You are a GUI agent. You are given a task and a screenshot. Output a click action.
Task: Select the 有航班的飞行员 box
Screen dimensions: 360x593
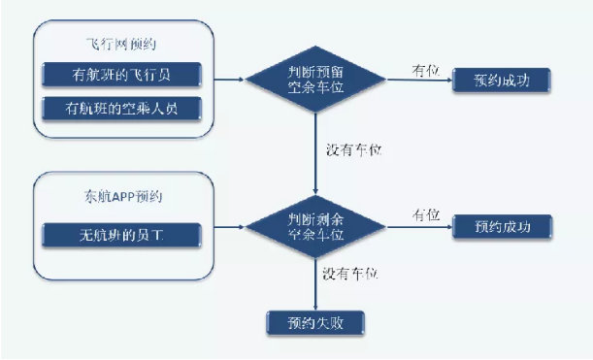(x=121, y=75)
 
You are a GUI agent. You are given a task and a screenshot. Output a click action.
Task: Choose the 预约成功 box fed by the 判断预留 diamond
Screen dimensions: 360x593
(x=501, y=79)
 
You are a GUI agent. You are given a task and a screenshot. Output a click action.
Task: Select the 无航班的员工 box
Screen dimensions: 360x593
(x=121, y=233)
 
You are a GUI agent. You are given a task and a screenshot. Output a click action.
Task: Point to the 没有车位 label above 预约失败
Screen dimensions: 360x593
(x=352, y=275)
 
